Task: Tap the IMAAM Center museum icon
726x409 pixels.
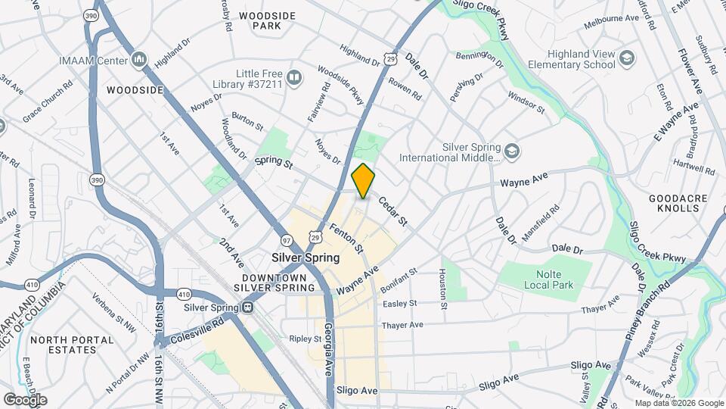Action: point(138,59)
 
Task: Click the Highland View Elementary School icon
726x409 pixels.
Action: point(626,58)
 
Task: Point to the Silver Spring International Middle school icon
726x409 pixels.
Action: point(512,152)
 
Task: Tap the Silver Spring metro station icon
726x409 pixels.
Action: point(247,308)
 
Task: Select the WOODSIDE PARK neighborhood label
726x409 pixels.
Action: point(259,20)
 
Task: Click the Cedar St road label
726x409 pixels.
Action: point(392,212)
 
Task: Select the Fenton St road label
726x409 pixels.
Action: point(351,236)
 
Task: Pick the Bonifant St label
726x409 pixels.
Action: point(399,279)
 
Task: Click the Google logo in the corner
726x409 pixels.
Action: point(25,399)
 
